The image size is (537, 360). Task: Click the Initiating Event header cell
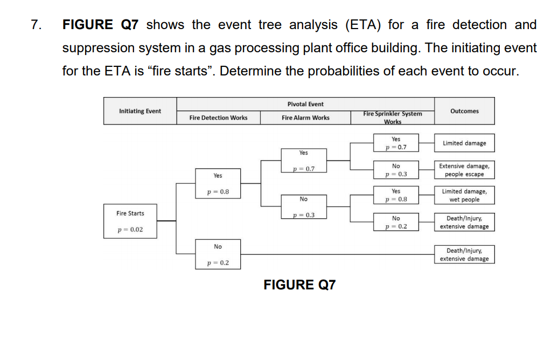140,111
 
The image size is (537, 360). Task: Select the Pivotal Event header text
305,104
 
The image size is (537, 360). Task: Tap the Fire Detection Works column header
218,117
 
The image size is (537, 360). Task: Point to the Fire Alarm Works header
305,117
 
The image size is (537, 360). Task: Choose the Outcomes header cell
464,111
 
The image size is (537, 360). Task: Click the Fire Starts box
130,213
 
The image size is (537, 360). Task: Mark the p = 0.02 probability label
130,230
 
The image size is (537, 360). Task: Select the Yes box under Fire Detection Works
218,176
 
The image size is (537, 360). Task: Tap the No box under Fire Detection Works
218,247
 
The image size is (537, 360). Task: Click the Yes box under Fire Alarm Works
304,153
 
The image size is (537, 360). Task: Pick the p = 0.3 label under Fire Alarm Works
304,216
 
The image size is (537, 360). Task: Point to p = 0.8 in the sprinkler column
396,199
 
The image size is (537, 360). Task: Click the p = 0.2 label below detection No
218,263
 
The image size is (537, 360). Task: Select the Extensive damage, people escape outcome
464,170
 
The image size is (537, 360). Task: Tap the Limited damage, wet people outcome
464,196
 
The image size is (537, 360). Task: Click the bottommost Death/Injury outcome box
464,255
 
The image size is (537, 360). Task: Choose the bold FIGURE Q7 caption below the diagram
299,285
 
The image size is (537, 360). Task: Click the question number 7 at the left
35,25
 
